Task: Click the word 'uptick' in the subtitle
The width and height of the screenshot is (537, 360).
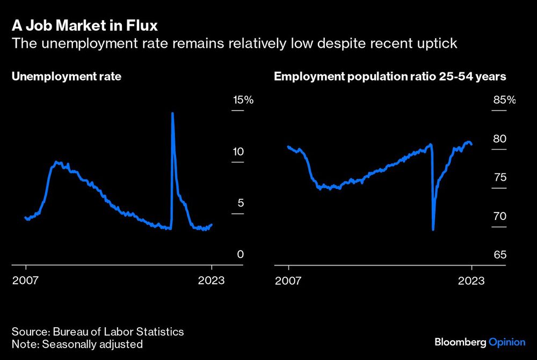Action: pyautogui.click(x=435, y=43)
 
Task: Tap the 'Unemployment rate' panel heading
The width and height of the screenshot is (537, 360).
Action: pyautogui.click(x=67, y=77)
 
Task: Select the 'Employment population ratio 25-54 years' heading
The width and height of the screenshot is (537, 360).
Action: pyautogui.click(x=390, y=77)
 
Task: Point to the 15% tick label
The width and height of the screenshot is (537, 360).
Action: pyautogui.click(x=242, y=100)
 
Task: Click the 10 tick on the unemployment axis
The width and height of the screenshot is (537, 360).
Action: pyautogui.click(x=238, y=151)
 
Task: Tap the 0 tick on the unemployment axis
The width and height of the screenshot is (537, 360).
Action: pyautogui.click(x=241, y=254)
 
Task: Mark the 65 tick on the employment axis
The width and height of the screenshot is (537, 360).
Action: pyautogui.click(x=500, y=254)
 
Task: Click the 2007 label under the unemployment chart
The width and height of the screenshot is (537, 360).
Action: pyautogui.click(x=26, y=281)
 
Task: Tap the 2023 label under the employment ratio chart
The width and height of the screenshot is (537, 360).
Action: pyautogui.click(x=471, y=281)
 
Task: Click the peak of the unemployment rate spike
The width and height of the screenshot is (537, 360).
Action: pyautogui.click(x=172, y=113)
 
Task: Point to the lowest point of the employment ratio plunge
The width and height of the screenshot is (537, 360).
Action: pyautogui.click(x=433, y=230)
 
